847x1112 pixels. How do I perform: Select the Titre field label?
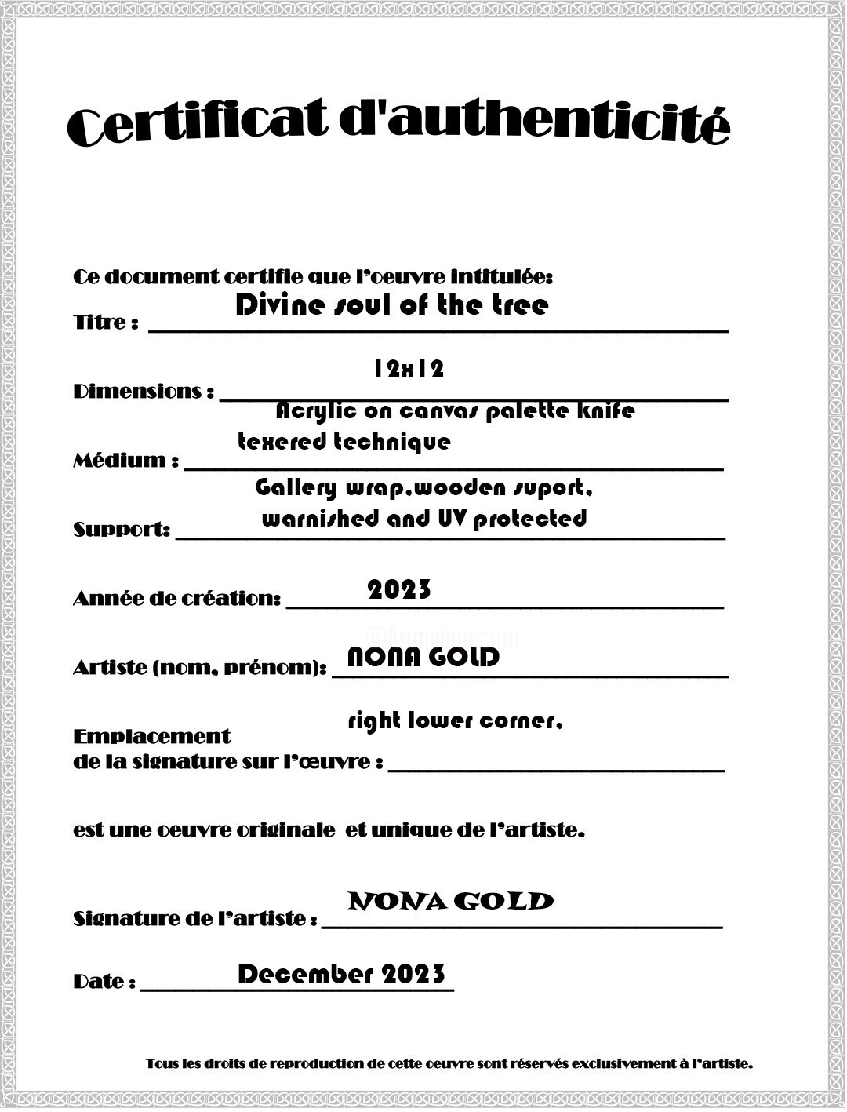[x=106, y=323]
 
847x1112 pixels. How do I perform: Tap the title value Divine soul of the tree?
[x=391, y=304]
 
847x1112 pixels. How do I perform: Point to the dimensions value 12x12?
[x=409, y=368]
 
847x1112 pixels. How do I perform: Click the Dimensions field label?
[x=144, y=392]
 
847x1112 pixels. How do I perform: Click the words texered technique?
[x=344, y=442]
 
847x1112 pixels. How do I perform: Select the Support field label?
[x=122, y=530]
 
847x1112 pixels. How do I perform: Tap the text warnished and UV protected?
[x=423, y=518]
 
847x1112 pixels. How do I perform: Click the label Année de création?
[x=176, y=599]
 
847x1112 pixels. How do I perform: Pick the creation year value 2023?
[x=399, y=589]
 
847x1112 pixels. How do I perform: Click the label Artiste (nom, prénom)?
[x=199, y=668]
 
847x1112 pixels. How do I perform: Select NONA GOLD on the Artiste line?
[x=423, y=657]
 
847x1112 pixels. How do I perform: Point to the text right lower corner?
[x=455, y=720]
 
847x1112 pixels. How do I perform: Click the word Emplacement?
[x=151, y=736]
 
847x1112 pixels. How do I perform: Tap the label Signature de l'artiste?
[x=195, y=918]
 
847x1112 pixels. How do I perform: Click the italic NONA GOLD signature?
[x=450, y=901]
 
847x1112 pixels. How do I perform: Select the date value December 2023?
[x=341, y=975]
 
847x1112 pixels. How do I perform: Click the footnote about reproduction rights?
[x=449, y=1064]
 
